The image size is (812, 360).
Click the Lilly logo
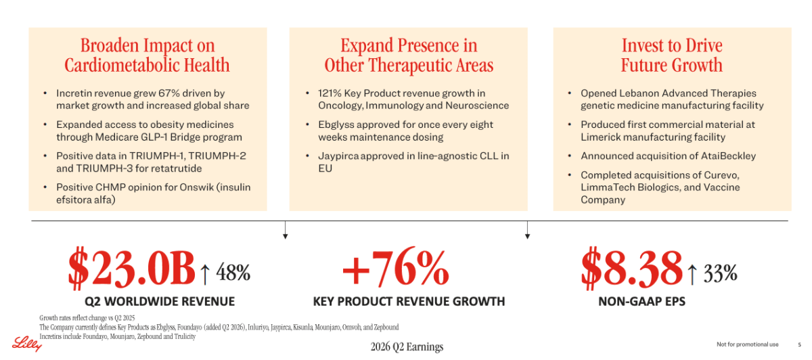coord(27,344)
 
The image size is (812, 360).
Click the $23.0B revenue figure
coord(131,268)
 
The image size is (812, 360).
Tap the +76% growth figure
coord(395,267)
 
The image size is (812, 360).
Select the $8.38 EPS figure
coord(631,268)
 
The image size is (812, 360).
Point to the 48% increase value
coord(233,272)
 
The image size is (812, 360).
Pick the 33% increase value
coord(720,272)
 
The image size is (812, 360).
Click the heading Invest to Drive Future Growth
coord(672,55)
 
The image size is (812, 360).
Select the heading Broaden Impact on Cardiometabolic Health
coord(148,55)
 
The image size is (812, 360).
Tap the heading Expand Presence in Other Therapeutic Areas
coord(409,55)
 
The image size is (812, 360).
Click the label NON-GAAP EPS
coord(641,301)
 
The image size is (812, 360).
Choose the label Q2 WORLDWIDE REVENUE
coord(160,301)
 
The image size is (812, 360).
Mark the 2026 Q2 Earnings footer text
coord(407,347)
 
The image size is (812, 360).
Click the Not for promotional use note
coord(748,344)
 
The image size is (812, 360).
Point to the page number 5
coord(799,344)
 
